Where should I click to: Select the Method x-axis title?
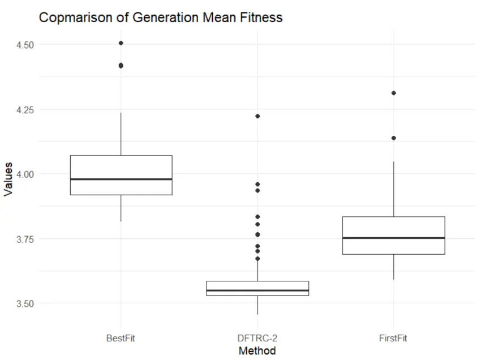(x=257, y=351)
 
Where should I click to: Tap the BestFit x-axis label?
(x=121, y=338)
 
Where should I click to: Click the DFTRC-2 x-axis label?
(x=257, y=338)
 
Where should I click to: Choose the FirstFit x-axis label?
(x=393, y=338)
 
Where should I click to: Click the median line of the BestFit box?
(x=121, y=179)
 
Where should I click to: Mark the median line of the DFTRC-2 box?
(x=257, y=291)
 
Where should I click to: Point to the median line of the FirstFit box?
(x=393, y=238)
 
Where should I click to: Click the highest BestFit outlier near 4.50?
(x=121, y=43)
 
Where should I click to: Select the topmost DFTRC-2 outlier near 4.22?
(x=257, y=116)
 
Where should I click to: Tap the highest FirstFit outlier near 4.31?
(x=393, y=93)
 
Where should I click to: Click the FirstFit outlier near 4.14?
(x=393, y=138)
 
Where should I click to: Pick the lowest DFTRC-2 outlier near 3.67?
(x=257, y=259)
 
